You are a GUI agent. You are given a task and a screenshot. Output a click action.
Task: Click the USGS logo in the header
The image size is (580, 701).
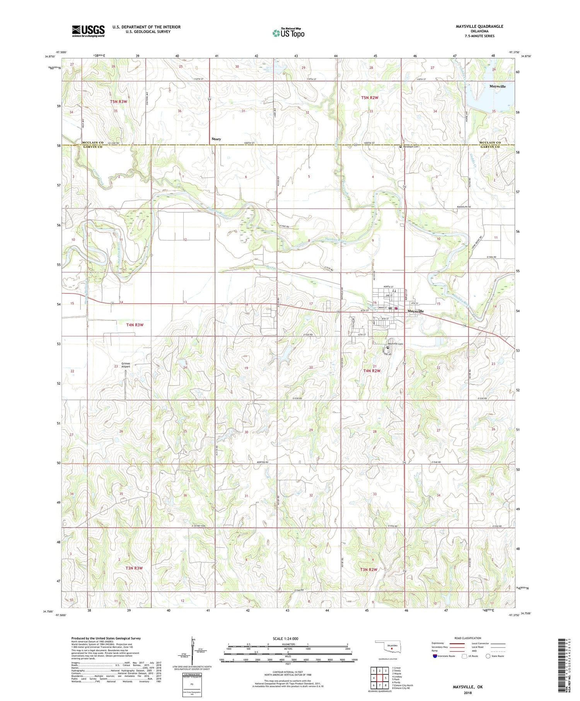(x=88, y=31)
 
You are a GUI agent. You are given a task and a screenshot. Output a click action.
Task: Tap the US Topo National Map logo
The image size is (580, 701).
(x=288, y=33)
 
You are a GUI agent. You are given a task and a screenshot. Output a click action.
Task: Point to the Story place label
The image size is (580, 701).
(x=216, y=139)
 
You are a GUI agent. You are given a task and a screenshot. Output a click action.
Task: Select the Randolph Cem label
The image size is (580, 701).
(x=411, y=147)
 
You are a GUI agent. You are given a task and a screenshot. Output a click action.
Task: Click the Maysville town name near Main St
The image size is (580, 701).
(x=415, y=311)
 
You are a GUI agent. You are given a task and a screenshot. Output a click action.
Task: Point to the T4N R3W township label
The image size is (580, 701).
(x=135, y=325)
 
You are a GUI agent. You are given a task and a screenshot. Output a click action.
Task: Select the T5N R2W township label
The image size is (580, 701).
(x=369, y=98)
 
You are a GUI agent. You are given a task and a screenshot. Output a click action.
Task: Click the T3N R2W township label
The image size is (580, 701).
(x=368, y=570)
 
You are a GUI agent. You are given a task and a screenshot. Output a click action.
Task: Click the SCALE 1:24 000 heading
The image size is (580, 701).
(x=285, y=638)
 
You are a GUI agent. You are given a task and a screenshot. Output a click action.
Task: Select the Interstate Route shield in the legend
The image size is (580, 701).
(x=435, y=656)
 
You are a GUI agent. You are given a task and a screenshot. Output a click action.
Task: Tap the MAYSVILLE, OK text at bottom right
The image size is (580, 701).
(x=467, y=687)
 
